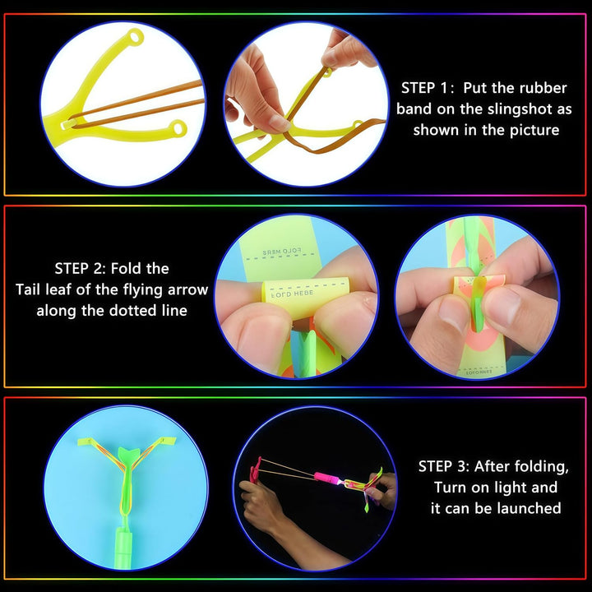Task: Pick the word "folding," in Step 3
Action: [x=537, y=467]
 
